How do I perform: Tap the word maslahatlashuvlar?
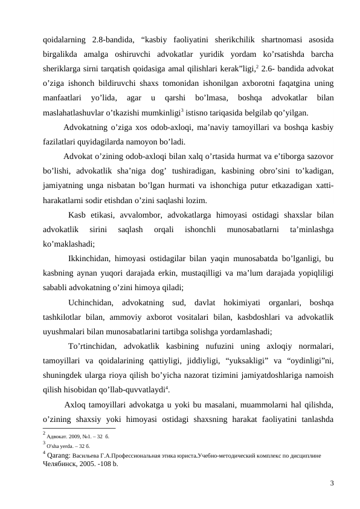click(x=76, y=112)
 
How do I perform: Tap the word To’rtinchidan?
click(x=95, y=346)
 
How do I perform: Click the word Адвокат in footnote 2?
click(x=58, y=434)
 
